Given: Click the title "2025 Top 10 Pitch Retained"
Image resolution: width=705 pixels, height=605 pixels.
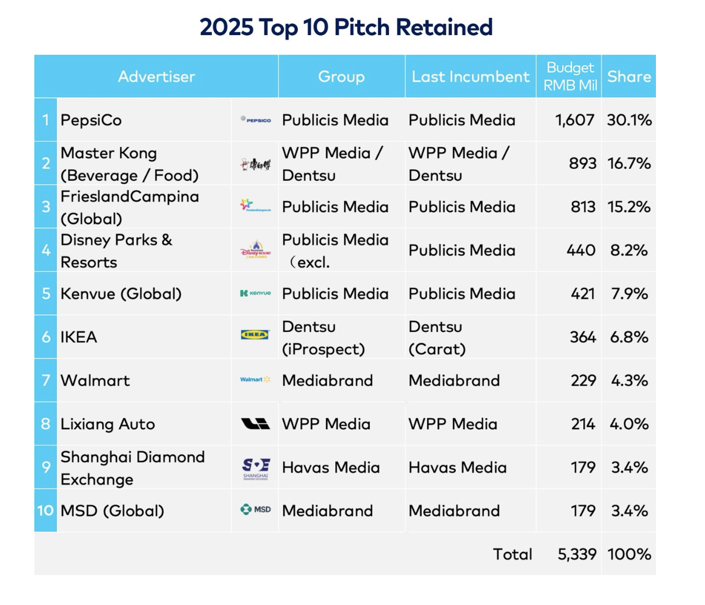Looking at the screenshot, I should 346,27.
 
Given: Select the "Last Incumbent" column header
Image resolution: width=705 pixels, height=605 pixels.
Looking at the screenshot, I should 470,77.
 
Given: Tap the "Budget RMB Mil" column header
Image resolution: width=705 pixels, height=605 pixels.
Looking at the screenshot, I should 569,77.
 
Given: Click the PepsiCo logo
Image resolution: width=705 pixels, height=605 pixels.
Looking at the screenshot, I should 256,120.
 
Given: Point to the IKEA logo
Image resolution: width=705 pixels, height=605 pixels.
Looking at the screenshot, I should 255,335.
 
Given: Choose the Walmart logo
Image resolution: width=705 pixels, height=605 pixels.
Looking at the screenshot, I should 255,380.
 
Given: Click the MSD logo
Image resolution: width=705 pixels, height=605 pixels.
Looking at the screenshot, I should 256,509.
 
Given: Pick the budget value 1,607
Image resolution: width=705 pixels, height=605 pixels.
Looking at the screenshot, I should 575,120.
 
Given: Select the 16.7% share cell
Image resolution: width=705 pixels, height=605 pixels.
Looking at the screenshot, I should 629,164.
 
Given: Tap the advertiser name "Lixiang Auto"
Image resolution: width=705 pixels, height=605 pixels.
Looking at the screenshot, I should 108,424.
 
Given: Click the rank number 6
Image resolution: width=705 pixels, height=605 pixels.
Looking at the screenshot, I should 46,337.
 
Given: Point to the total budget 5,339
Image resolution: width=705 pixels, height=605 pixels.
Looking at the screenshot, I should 577,554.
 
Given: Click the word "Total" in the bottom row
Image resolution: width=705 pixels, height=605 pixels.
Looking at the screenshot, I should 512,554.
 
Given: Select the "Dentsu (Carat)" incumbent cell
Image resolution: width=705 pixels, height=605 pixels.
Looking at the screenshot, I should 437,338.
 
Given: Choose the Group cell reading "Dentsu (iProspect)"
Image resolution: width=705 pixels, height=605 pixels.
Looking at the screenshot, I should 323,338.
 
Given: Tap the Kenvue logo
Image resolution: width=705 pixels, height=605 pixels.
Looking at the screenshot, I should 256,293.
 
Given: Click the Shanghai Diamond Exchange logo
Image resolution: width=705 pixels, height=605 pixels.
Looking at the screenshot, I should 256,468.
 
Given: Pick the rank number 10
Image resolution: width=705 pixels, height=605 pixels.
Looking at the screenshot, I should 46,511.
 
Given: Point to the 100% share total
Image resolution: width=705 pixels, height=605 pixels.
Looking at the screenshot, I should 629,554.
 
